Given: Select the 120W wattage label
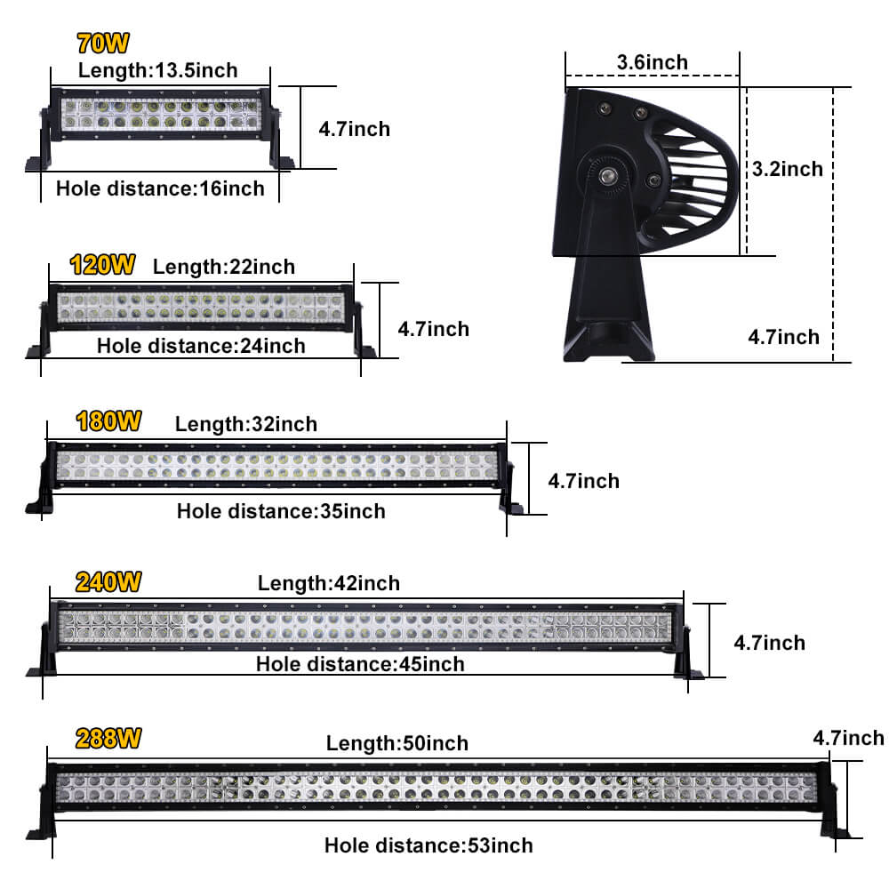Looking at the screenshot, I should (x=103, y=264).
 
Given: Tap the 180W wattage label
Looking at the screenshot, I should (x=108, y=421).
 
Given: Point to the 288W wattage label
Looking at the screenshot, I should (x=108, y=739).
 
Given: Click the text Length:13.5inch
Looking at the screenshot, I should (x=158, y=70).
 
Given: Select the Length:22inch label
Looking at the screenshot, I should (x=224, y=266).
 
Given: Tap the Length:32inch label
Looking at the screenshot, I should (x=246, y=424).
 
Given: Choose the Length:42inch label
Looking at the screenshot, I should (x=329, y=583).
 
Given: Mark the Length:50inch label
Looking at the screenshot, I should (x=397, y=742).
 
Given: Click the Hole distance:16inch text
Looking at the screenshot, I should (x=160, y=188).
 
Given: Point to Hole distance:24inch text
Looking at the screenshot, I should (x=201, y=346).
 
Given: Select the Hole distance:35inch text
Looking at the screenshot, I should (x=281, y=511).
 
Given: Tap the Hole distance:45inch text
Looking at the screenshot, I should (x=360, y=664).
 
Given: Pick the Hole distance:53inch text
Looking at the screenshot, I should (x=428, y=845).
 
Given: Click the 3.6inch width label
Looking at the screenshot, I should (x=653, y=61).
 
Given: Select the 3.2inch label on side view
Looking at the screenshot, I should (x=787, y=168).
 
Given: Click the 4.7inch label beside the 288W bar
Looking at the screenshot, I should (x=848, y=738).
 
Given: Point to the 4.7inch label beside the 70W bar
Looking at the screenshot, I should (x=354, y=129).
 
